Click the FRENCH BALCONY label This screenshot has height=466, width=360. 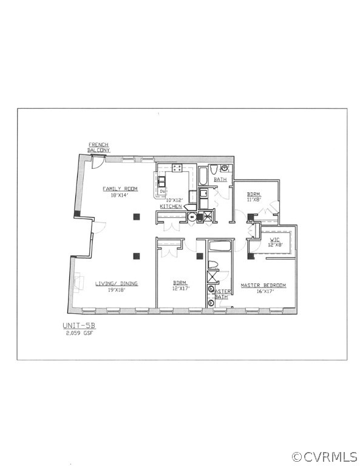click(x=98, y=147)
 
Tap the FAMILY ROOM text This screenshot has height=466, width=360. click(x=120, y=189)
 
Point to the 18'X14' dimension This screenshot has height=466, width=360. click(x=120, y=195)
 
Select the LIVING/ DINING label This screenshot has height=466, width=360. click(x=117, y=283)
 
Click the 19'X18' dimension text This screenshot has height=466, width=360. click(x=117, y=290)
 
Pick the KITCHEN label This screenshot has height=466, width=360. click(x=171, y=207)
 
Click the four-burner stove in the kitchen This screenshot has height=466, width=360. click(x=177, y=168)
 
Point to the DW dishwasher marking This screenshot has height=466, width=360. click(x=162, y=190)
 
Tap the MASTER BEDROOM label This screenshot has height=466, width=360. click(x=263, y=285)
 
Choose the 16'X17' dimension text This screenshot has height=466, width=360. click(x=263, y=292)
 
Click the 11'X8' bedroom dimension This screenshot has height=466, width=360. click(x=254, y=198)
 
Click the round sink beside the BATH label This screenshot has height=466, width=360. click(x=225, y=168)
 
